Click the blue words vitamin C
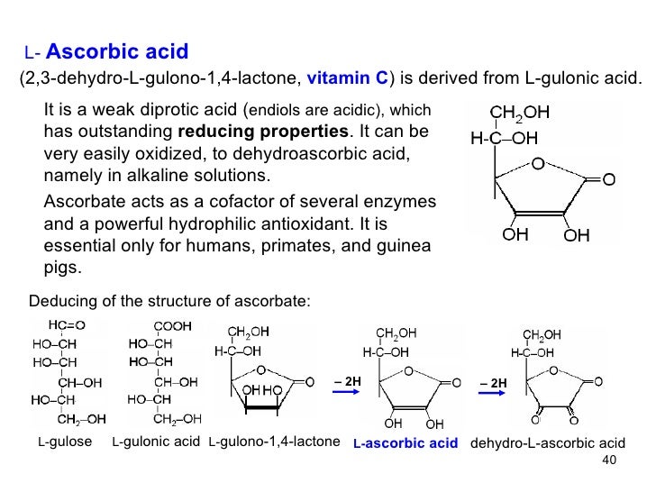[x=348, y=78]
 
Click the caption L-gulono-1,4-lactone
[x=273, y=444]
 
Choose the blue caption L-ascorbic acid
[x=405, y=445]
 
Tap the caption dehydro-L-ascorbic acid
[x=547, y=444]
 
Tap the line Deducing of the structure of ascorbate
[x=169, y=301]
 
